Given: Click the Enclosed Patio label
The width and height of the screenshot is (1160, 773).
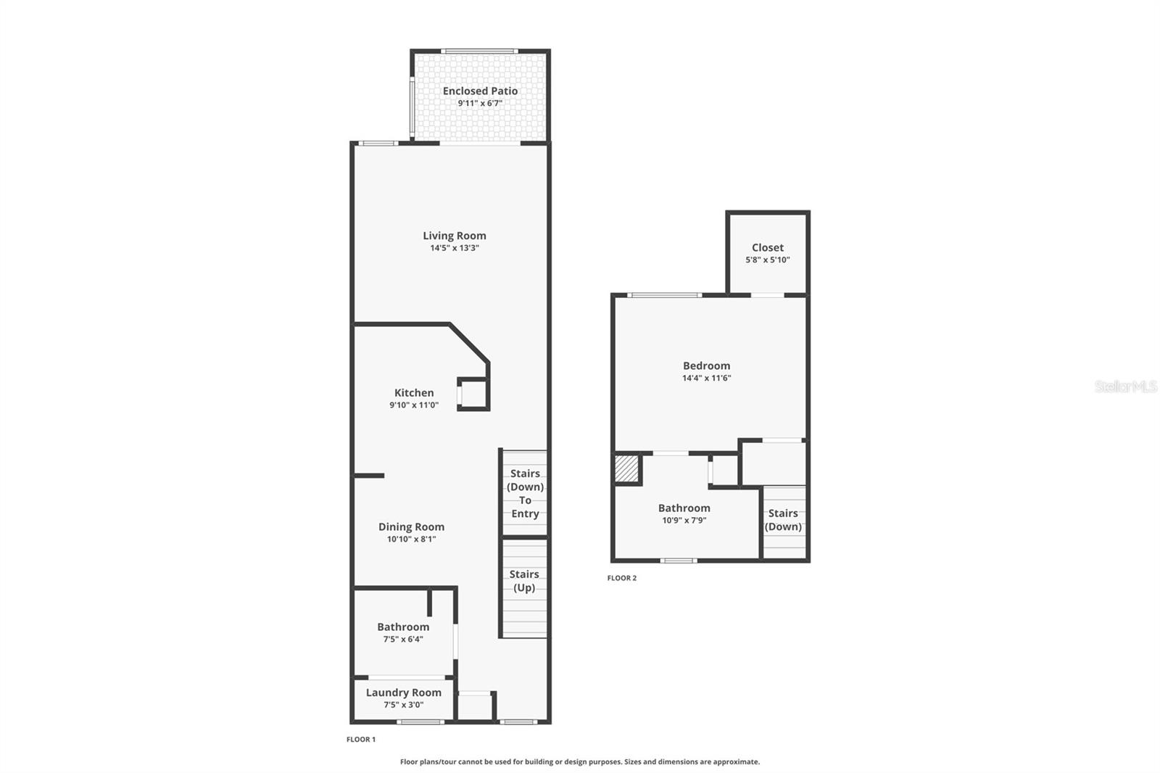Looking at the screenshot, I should point(480,91).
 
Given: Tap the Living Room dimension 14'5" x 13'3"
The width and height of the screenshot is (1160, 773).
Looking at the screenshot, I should point(455,248).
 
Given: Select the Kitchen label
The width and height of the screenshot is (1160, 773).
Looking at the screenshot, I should point(414,392).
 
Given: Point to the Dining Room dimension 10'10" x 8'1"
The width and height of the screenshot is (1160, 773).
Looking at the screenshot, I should point(411,540).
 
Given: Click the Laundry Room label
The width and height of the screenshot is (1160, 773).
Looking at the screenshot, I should point(403,693).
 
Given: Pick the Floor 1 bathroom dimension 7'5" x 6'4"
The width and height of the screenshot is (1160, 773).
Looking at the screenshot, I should point(403,640).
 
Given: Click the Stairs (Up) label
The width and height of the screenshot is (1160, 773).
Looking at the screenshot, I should point(524,581).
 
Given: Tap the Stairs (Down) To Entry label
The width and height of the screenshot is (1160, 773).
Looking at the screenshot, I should point(525,493).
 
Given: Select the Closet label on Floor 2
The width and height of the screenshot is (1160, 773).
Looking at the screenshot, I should point(768,247).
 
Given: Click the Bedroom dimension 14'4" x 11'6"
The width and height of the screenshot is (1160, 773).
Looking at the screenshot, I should point(706,378).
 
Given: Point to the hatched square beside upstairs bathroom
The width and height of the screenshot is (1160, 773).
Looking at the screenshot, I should point(627,468).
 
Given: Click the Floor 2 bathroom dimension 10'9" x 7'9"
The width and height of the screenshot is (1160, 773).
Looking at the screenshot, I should point(684,521).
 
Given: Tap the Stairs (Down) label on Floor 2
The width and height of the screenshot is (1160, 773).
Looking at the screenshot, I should point(783,520).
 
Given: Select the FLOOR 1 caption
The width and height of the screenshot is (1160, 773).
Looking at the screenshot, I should point(361,740).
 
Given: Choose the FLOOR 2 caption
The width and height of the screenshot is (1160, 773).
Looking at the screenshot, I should point(622,578).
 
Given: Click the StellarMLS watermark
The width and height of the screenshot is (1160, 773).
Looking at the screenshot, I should point(1125,386).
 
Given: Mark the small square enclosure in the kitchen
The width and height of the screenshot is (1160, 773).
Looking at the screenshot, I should point(473,394).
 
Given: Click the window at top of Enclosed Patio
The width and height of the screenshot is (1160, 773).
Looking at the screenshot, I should point(479,51).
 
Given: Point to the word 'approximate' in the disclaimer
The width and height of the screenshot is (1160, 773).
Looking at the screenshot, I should point(735,762).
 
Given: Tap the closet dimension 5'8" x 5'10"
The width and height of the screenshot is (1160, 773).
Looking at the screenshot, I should point(768,260).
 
